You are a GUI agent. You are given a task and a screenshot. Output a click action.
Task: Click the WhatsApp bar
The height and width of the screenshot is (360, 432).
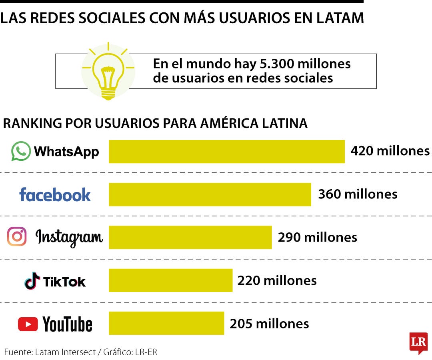pyautogui.click(x=226, y=152)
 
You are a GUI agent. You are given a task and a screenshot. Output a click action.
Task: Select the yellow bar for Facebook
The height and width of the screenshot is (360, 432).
pyautogui.click(x=210, y=194)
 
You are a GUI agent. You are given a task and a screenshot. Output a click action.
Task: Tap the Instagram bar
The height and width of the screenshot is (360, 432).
pyautogui.click(x=190, y=238)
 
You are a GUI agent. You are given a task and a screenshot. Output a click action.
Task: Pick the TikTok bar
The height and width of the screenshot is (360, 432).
pyautogui.click(x=170, y=280)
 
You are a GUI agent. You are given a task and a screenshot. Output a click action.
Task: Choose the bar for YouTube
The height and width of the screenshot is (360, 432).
pyautogui.click(x=166, y=323)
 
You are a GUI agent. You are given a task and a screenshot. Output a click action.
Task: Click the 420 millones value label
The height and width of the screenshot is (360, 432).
pyautogui.click(x=390, y=151)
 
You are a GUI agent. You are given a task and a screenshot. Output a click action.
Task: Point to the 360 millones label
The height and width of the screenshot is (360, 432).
pyautogui.click(x=358, y=194)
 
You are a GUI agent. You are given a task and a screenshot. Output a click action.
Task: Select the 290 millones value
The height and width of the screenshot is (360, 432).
pyautogui.click(x=317, y=237)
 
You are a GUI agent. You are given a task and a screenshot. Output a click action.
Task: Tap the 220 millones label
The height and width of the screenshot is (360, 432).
pyautogui.click(x=277, y=280)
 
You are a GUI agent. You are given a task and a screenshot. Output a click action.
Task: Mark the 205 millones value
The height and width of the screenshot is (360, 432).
pyautogui.click(x=269, y=323)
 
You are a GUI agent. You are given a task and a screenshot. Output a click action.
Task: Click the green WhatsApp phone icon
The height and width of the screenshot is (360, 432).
pyautogui.click(x=21, y=151)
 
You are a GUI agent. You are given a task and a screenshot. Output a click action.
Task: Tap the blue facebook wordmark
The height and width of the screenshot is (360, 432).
pyautogui.click(x=55, y=194)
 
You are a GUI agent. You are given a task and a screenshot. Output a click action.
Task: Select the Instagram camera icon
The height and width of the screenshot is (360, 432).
pyautogui.click(x=17, y=236)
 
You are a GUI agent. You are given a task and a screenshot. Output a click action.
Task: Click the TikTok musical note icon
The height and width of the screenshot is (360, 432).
pyautogui.click(x=32, y=280)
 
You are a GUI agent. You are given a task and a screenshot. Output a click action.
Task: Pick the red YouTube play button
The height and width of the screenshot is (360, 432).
pyautogui.click(x=28, y=324)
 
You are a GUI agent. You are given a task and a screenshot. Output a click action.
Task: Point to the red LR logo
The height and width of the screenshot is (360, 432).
pyautogui.click(x=418, y=342)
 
